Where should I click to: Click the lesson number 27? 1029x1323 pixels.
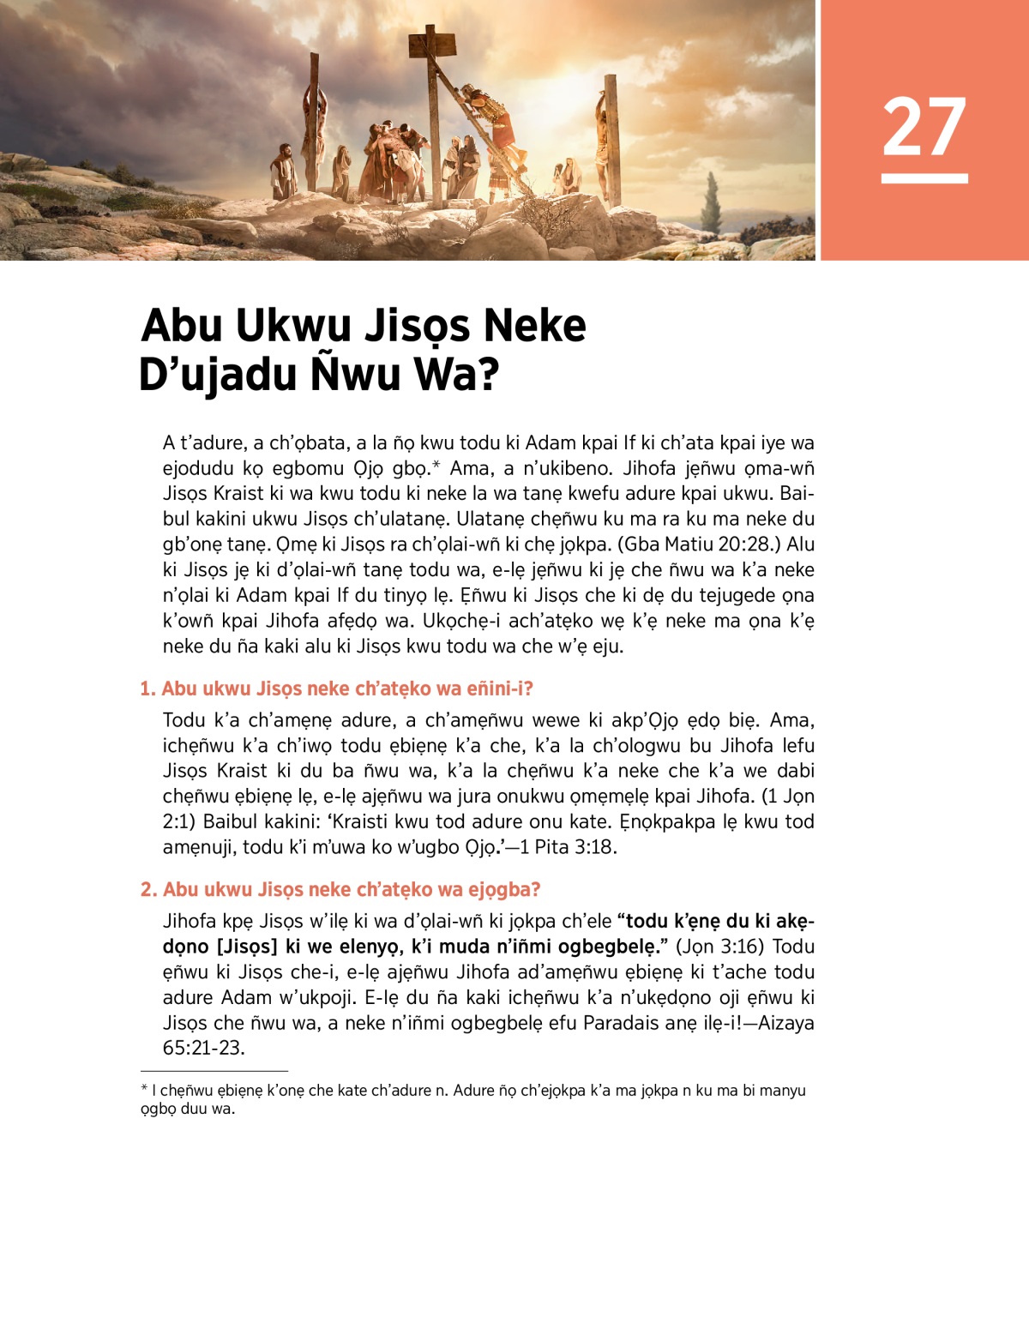click(x=924, y=126)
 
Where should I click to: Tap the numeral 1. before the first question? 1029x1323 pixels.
click(x=147, y=689)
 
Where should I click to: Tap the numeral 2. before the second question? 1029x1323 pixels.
click(x=148, y=889)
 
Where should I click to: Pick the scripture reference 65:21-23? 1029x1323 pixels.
click(x=203, y=1048)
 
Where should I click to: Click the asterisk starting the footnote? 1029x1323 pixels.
click(x=144, y=1089)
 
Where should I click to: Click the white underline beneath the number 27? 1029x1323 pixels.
click(x=924, y=178)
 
